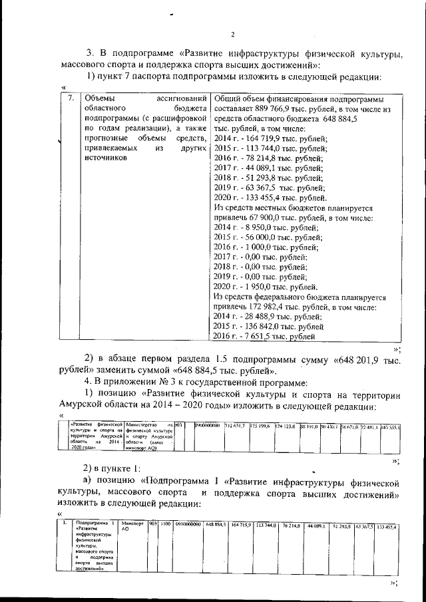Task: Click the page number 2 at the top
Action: click(233, 35)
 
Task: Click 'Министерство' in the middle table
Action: click(142, 424)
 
